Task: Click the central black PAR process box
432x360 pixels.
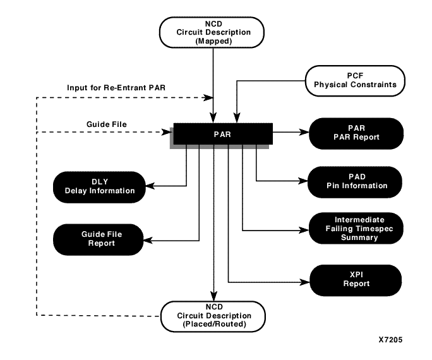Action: tap(222, 133)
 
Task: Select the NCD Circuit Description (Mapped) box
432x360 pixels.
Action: tap(215, 32)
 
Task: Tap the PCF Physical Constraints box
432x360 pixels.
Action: tap(354, 80)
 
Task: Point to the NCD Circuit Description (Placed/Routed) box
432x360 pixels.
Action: tap(215, 316)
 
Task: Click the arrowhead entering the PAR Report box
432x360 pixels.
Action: tap(306, 133)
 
